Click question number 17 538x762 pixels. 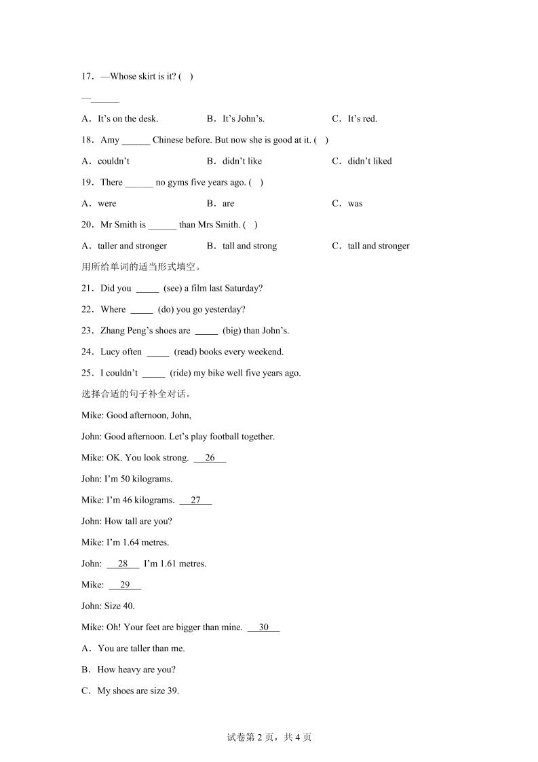pos(88,76)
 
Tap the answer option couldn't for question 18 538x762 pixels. pos(113,161)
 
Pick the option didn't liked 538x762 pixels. pos(370,161)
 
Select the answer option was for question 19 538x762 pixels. pos(355,203)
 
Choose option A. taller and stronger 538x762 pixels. pos(132,246)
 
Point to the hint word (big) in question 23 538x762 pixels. pos(233,331)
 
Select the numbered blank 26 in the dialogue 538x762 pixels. pos(210,458)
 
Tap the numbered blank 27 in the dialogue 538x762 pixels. pos(195,501)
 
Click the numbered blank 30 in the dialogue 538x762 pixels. pos(263,628)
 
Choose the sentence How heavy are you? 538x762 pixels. pos(136,670)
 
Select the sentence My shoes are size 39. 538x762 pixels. pos(138,691)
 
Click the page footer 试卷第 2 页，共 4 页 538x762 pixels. pos(269,738)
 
